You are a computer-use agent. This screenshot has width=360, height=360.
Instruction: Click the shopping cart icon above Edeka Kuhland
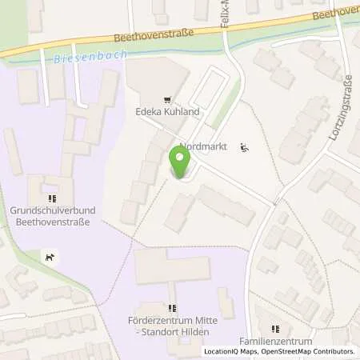(x=166, y=101)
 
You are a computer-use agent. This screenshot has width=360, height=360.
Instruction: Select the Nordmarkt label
(x=204, y=147)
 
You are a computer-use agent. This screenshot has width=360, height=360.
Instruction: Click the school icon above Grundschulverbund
(x=52, y=198)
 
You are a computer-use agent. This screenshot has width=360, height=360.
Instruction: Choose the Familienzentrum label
(x=277, y=342)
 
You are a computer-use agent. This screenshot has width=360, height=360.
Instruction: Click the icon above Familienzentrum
(x=276, y=328)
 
